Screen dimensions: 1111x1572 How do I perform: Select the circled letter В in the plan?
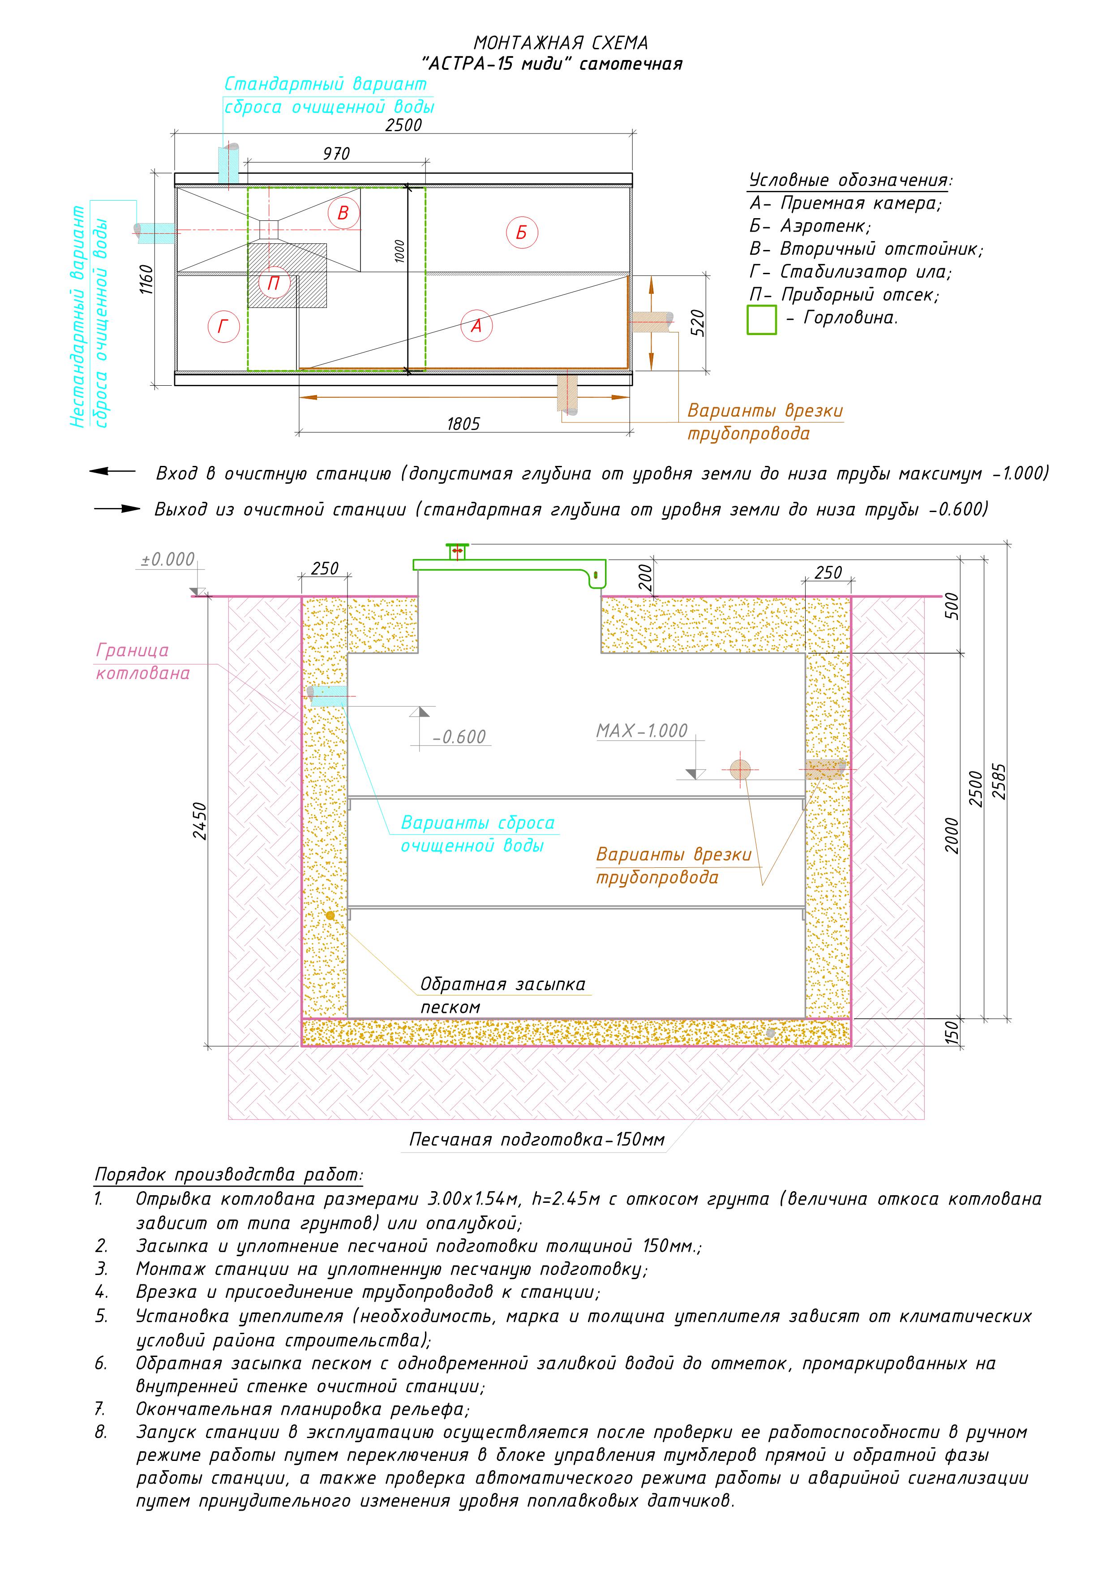pos(343,212)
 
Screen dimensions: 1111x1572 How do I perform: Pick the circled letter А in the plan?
pos(476,326)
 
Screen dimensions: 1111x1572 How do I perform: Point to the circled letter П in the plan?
pos(274,283)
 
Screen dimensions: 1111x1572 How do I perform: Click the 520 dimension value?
pos(697,323)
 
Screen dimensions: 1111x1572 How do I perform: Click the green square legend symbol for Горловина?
pos(762,320)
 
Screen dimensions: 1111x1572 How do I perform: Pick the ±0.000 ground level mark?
pos(168,560)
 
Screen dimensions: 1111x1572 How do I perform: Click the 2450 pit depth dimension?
pos(199,821)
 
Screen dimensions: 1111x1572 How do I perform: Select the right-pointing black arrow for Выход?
pos(117,509)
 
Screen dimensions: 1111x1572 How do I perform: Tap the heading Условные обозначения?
pos(850,181)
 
